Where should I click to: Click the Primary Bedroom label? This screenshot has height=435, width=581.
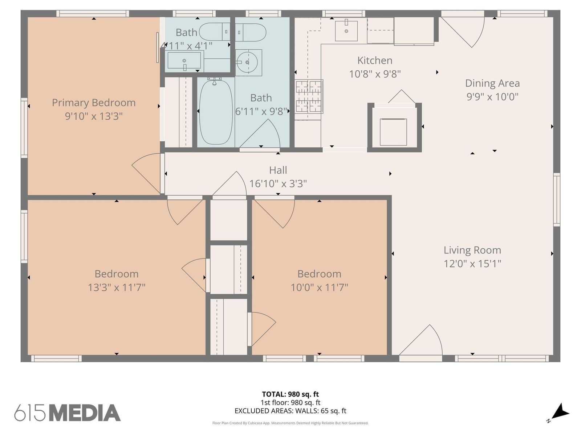click(94, 103)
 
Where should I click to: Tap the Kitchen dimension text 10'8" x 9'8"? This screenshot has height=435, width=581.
click(375, 74)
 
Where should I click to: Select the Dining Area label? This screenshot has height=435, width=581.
click(492, 83)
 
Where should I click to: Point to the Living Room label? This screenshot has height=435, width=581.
click(472, 250)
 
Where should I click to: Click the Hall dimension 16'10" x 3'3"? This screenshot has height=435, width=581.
click(278, 183)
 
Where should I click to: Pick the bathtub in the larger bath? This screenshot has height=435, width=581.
click(216, 112)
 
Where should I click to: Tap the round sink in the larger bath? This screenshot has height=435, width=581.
click(247, 63)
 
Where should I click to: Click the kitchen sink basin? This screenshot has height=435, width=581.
click(346, 31)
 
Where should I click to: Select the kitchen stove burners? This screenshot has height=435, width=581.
click(309, 96)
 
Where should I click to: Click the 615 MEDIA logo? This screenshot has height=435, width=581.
click(68, 412)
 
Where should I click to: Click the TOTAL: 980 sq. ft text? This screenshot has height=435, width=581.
click(290, 394)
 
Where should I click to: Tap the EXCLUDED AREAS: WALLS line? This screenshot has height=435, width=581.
click(290, 411)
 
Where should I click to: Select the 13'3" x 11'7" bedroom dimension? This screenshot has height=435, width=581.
click(117, 287)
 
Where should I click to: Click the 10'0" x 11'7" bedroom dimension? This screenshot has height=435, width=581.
click(319, 287)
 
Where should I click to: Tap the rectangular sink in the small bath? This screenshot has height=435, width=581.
click(184, 61)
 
